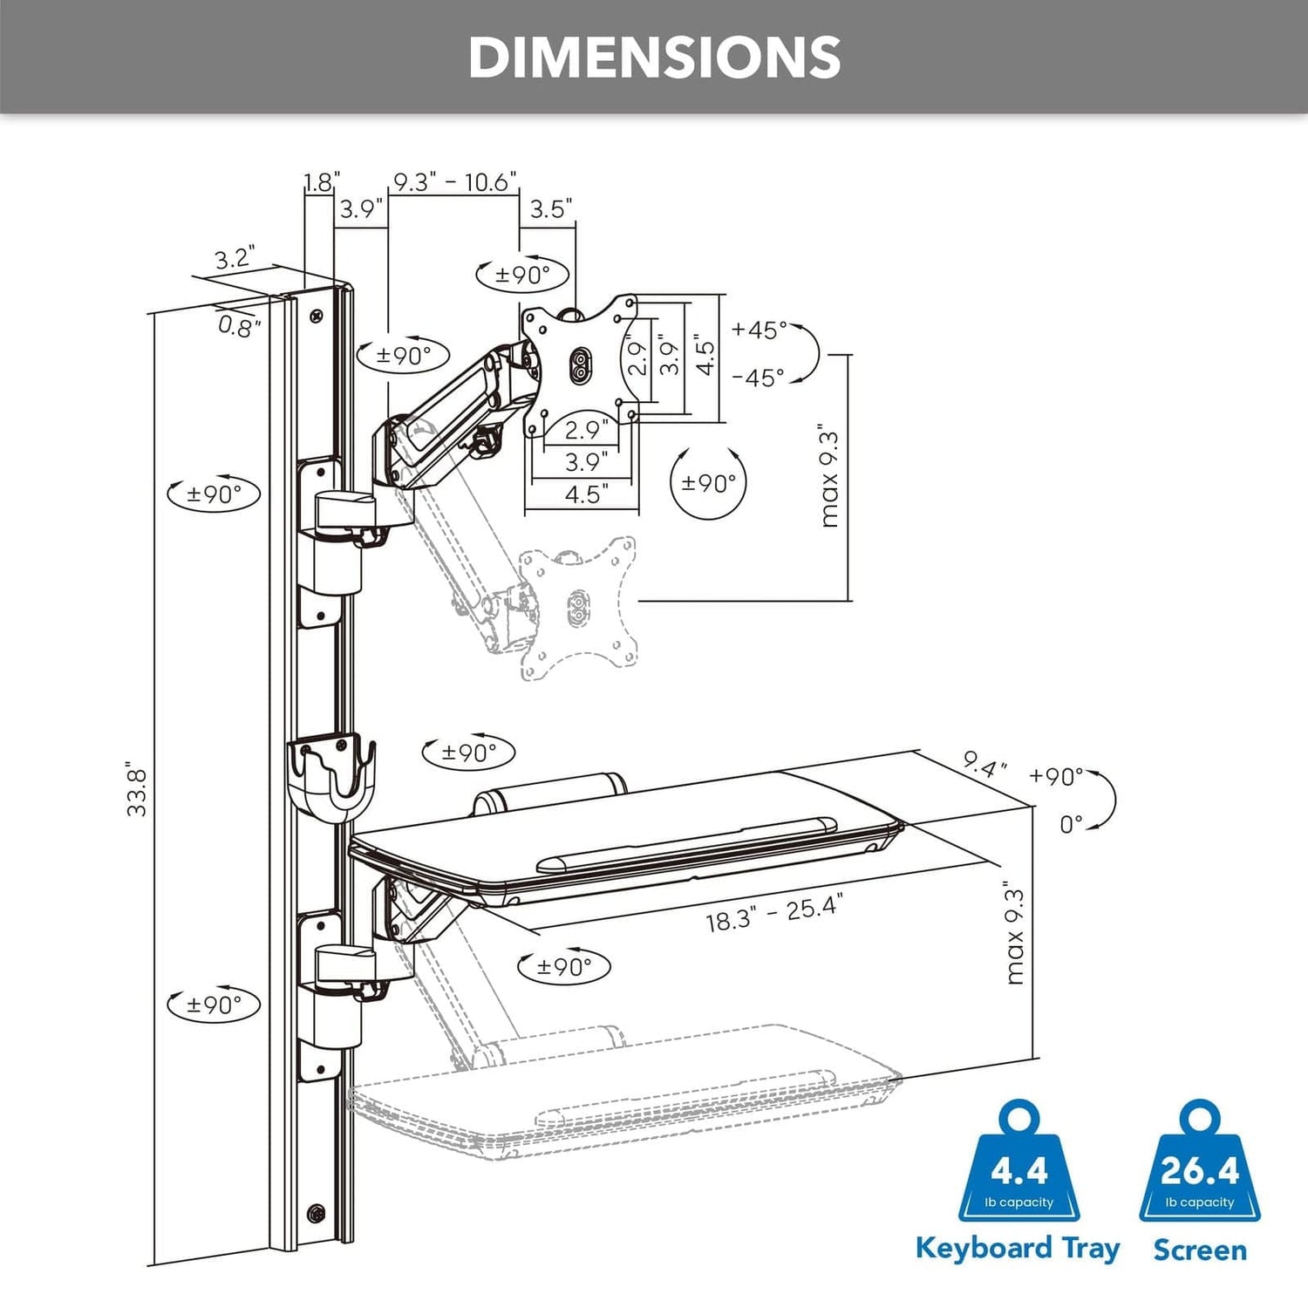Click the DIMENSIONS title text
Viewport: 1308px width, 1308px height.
tap(654, 58)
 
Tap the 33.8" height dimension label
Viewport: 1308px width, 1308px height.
tap(137, 789)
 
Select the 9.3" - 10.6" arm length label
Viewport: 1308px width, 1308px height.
tap(454, 182)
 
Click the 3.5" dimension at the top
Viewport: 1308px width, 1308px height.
tap(550, 209)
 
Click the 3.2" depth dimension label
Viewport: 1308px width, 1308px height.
tap(234, 259)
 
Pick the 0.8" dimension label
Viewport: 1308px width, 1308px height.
tap(239, 327)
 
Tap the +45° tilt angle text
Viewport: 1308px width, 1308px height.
tap(759, 330)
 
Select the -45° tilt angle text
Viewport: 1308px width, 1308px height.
tap(758, 378)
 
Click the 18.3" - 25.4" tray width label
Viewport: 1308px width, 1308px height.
tap(773, 914)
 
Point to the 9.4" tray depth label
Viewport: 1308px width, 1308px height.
tap(984, 766)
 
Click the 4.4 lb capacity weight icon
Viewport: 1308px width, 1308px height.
tap(1018, 1164)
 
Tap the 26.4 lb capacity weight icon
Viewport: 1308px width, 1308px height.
tap(1199, 1164)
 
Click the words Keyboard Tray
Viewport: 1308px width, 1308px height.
tap(1018, 1249)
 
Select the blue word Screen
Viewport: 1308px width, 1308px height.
tap(1199, 1250)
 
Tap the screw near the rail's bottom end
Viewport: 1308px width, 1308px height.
tap(316, 1212)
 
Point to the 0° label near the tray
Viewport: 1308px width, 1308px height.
tap(1071, 824)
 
